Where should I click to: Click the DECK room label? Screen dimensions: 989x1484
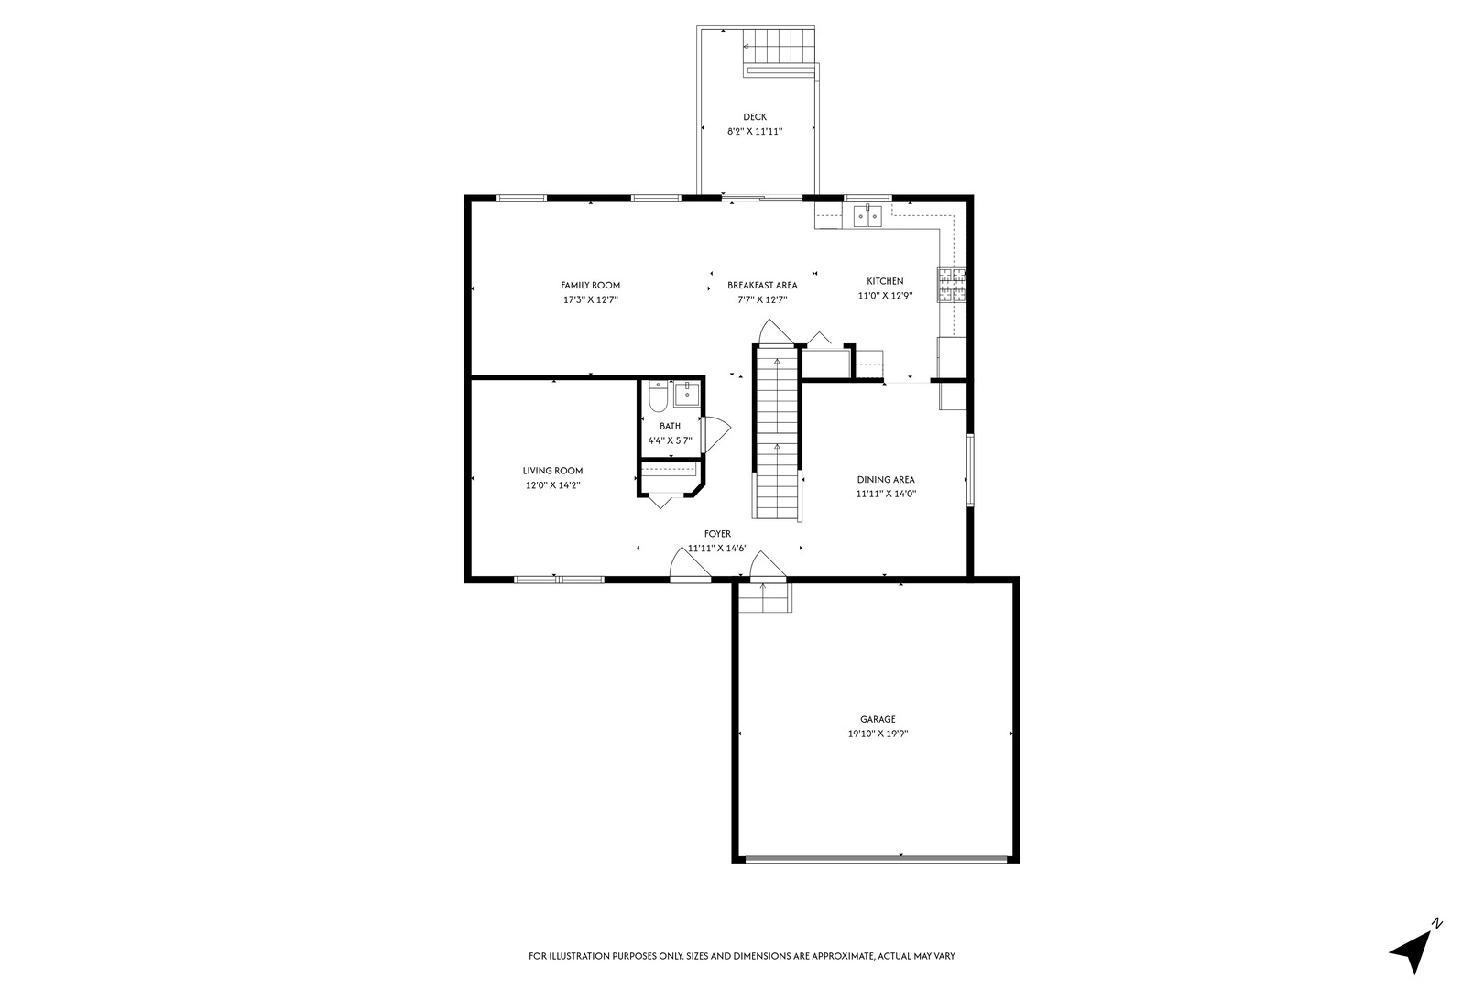[754, 117]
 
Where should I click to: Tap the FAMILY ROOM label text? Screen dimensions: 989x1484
[590, 286]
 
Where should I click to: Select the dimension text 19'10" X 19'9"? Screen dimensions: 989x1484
[877, 734]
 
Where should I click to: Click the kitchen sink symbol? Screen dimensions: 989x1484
[867, 216]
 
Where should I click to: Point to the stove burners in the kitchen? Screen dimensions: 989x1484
[950, 285]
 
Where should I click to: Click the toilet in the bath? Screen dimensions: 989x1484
[657, 397]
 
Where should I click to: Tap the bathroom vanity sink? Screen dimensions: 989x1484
[686, 395]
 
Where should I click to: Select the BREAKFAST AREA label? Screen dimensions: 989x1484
[762, 286]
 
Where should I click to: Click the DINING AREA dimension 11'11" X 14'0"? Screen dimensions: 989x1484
[886, 494]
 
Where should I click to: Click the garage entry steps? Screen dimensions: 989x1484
[765, 599]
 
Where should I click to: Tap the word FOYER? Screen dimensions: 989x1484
[717, 534]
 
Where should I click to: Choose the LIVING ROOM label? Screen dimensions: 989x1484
[552, 472]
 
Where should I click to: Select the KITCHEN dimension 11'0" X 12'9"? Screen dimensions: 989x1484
[885, 296]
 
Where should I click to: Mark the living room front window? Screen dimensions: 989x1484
[559, 579]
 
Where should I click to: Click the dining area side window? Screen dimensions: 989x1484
[969, 470]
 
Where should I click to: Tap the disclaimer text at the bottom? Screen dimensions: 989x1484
[742, 956]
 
